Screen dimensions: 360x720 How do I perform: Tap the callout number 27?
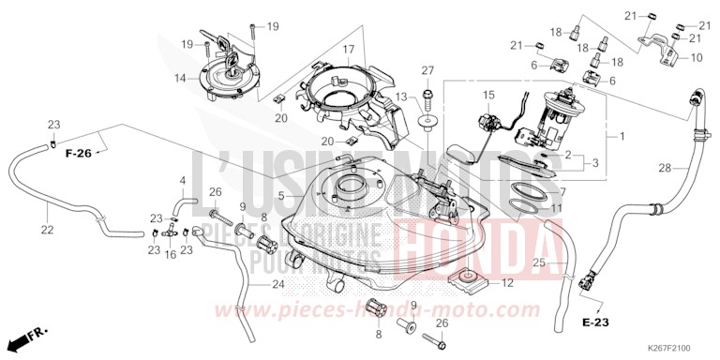coord(427,71)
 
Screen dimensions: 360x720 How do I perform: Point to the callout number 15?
coord(487,96)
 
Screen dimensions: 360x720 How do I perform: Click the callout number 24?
coord(277,285)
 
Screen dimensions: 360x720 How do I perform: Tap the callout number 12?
coord(506,283)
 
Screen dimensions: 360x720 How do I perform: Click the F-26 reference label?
coord(81,153)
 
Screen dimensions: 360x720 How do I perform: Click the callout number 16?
coord(171,254)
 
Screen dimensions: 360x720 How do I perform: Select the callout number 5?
coord(281,196)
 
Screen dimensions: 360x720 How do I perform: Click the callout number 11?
coord(556,208)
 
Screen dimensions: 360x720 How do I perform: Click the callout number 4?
coord(183,180)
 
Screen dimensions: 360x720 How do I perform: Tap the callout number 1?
coord(620,137)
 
